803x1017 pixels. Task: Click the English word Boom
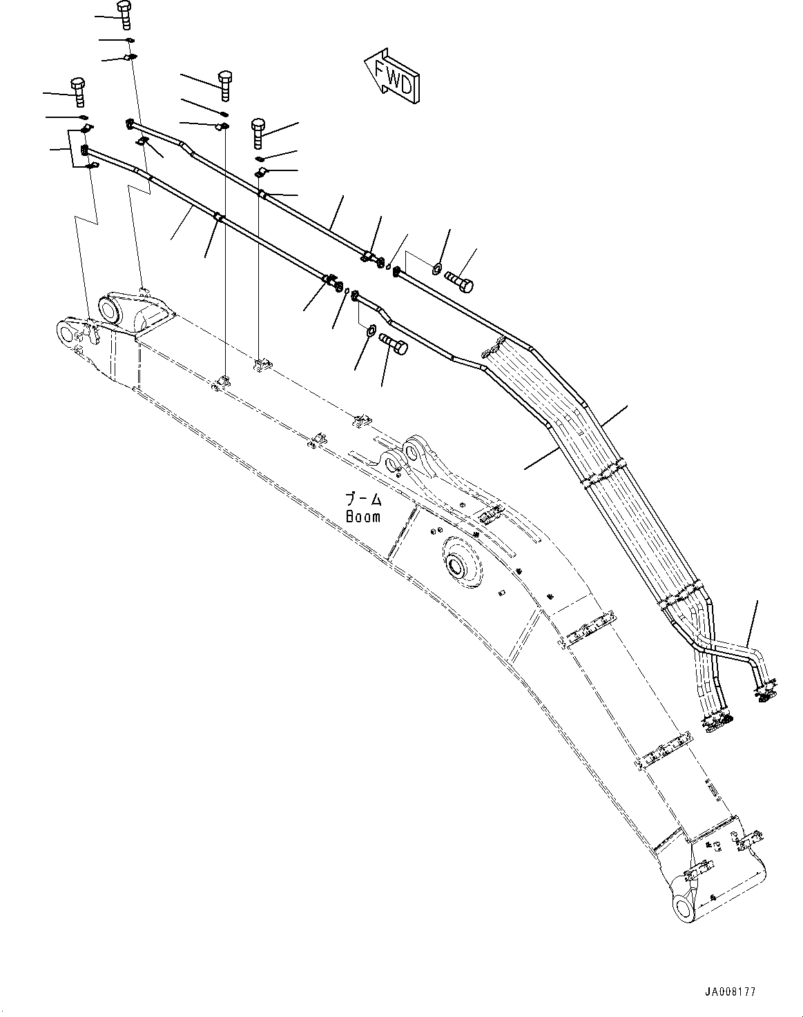[362, 516]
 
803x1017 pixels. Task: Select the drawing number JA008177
[730, 991]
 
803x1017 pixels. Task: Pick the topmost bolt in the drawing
[125, 14]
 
